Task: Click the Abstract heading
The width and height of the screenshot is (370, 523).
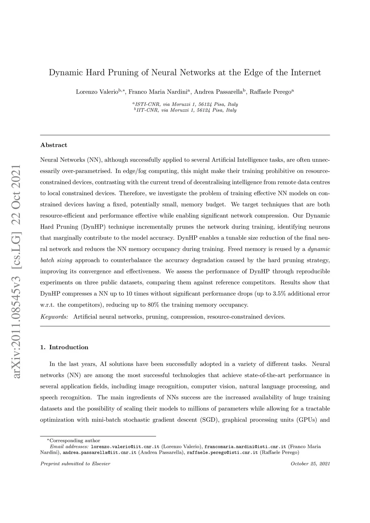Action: coord(54,145)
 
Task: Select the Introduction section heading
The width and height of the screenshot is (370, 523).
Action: coord(69,347)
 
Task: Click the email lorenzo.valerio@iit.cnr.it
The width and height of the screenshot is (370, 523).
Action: coord(125,446)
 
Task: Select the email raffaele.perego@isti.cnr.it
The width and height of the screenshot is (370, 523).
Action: coord(222,452)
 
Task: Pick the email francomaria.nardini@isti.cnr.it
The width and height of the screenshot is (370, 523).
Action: coord(245,446)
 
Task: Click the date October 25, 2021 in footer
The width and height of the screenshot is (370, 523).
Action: coord(310,464)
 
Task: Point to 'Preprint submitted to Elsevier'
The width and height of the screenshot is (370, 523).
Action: coord(75,464)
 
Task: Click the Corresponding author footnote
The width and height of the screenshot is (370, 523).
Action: coord(74,441)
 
